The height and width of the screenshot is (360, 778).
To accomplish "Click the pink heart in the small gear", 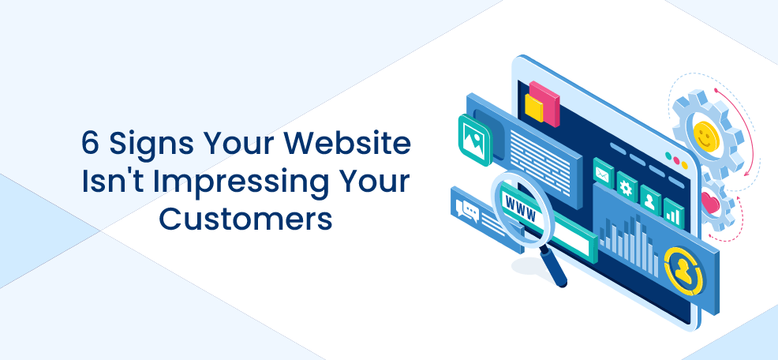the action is coord(710,203).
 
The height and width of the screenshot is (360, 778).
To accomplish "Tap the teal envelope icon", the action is coord(604,172).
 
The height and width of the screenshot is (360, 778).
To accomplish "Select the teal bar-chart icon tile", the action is coord(674,212).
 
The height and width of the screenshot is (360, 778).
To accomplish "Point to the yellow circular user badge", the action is coord(684,271).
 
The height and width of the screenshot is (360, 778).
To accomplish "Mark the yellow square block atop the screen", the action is coord(534,108).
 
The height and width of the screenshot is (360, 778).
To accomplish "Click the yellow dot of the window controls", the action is coord(684,165).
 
